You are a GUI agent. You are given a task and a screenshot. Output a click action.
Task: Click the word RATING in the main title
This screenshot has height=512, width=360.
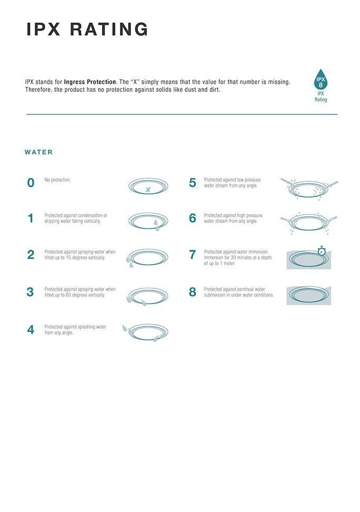[x=109, y=29]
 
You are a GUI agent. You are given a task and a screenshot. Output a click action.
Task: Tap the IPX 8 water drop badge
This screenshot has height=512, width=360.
[x=321, y=79]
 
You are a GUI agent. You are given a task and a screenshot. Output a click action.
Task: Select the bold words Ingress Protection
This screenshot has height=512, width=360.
[x=90, y=82]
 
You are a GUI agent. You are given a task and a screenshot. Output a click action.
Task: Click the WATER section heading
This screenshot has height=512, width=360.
[x=38, y=152]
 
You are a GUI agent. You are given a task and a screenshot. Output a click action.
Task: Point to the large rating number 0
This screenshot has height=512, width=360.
[x=30, y=183]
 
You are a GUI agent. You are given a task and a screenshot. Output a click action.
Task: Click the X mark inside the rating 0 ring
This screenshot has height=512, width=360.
[x=148, y=190]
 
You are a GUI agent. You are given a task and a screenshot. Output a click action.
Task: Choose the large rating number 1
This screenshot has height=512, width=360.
[x=30, y=218]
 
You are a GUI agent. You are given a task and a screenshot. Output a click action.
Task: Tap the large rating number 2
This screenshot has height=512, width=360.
[x=30, y=255]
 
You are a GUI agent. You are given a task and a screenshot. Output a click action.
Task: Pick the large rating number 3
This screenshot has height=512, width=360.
[x=30, y=292]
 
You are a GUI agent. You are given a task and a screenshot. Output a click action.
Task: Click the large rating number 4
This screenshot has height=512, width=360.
[x=30, y=329]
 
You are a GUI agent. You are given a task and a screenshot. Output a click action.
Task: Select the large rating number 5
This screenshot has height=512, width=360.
[x=193, y=183]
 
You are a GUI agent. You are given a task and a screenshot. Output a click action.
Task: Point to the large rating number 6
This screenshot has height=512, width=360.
[x=193, y=218]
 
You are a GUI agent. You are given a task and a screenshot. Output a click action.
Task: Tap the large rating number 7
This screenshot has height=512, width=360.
[x=193, y=255]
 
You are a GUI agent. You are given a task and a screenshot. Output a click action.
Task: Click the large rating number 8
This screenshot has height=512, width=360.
[x=193, y=292]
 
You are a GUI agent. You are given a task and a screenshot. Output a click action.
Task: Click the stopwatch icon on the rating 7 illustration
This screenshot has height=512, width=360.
[x=322, y=250]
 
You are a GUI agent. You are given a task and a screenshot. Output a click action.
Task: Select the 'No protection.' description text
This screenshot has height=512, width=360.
[x=57, y=180]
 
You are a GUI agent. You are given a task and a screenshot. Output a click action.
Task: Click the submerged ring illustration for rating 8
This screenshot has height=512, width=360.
[x=309, y=295]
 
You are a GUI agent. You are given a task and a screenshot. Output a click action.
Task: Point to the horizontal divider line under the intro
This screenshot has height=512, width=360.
[x=182, y=114]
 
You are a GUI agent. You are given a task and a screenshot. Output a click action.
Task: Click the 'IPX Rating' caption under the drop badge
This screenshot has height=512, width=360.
[x=321, y=97]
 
